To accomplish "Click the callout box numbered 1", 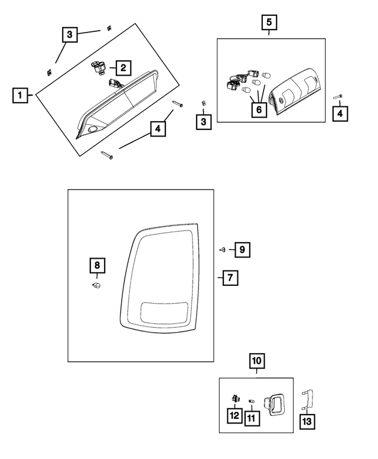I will pyautogui.click(x=21, y=95).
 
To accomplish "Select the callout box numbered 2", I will pyautogui.click(x=123, y=68).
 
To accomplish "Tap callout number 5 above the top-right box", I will pyautogui.click(x=269, y=23).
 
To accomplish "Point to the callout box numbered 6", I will pyautogui.click(x=259, y=109).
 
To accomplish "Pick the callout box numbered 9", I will pyautogui.click(x=241, y=250).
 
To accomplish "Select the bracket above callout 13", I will pyautogui.click(x=307, y=400).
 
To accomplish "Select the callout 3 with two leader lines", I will pyautogui.click(x=70, y=35).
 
